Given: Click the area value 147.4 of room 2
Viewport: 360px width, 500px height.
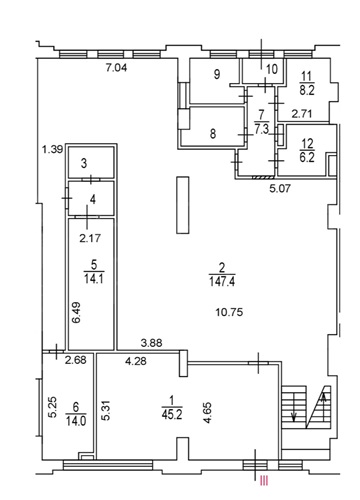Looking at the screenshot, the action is [222, 282].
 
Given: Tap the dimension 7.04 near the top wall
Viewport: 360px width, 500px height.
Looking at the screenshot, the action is [116, 68].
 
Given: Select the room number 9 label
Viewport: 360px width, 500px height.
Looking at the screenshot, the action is [217, 74].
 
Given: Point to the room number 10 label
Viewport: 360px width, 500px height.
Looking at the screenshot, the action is [272, 69].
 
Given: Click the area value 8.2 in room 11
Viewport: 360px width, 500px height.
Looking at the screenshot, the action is [307, 90].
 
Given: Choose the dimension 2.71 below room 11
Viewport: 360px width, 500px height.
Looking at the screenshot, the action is [302, 114].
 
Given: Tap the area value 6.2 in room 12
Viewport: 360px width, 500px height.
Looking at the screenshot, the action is [307, 157].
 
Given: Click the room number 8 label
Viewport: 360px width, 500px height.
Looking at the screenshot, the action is [213, 134].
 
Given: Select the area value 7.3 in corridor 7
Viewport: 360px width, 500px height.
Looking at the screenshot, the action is [262, 129].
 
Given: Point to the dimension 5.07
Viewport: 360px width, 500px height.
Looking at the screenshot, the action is [280, 189].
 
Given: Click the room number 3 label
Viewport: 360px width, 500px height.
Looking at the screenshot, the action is [84, 164].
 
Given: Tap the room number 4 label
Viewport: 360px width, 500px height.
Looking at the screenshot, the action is [93, 200].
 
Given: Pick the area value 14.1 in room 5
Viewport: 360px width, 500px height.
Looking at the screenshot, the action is [94, 278].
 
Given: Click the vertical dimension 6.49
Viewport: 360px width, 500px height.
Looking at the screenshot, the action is [77, 313].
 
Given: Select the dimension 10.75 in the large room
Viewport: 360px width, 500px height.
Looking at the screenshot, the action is [229, 312].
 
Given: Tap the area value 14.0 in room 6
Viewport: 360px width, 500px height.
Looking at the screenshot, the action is [76, 421].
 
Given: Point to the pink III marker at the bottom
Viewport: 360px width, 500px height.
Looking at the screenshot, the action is [264, 481].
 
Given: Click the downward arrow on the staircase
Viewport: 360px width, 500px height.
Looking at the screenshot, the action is [294, 407].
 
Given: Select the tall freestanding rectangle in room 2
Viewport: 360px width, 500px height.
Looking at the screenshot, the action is [183, 205].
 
